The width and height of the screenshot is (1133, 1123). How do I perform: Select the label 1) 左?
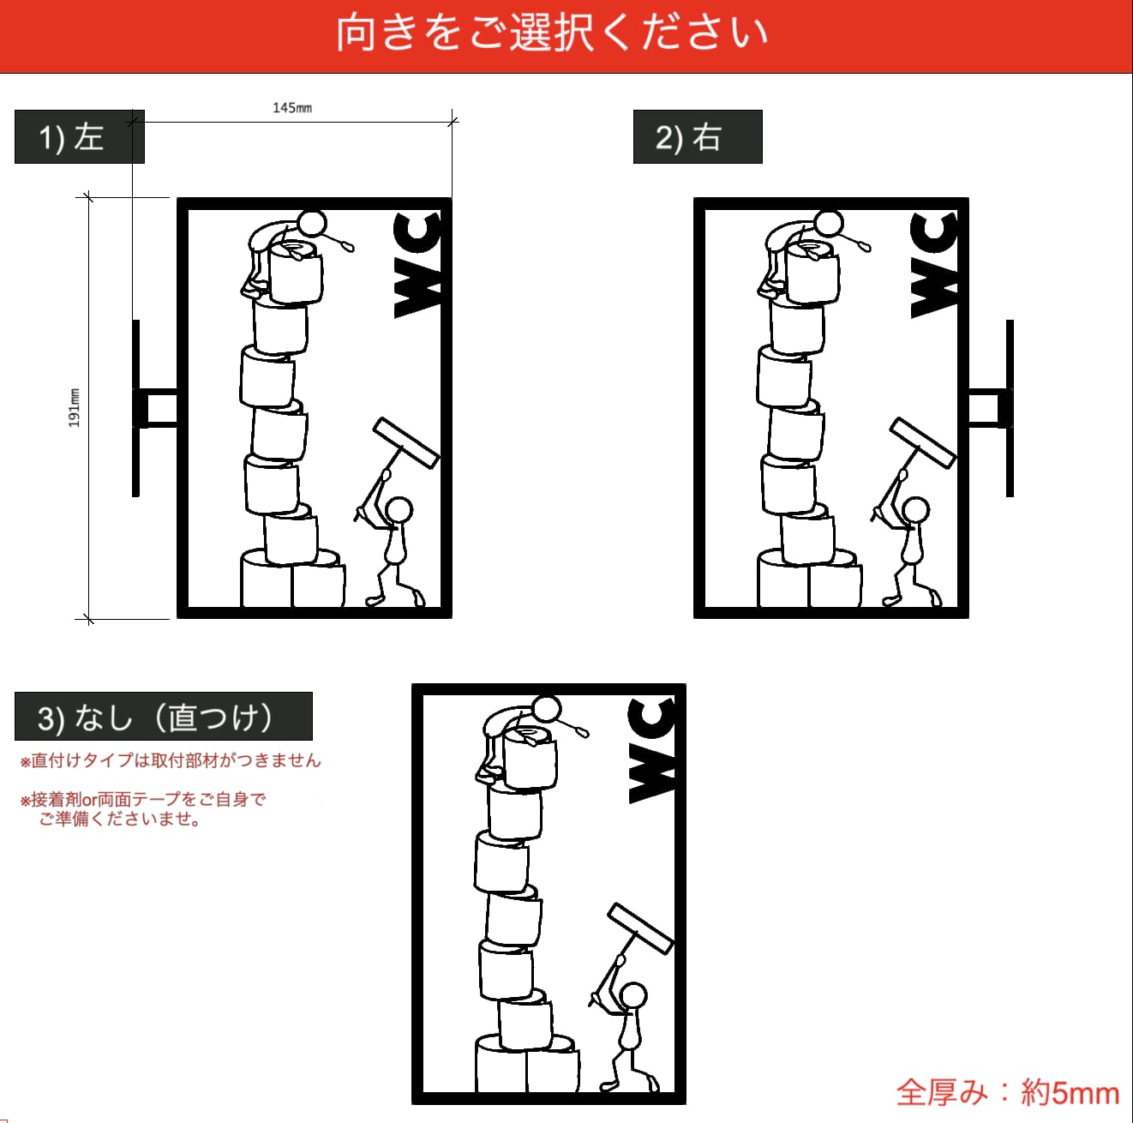pyautogui.click(x=72, y=138)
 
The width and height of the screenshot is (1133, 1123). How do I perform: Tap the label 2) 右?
pyautogui.click(x=688, y=138)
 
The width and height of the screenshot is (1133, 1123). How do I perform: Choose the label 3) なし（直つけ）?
pyautogui.click(x=155, y=718)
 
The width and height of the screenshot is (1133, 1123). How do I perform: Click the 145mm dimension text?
pyautogui.click(x=292, y=108)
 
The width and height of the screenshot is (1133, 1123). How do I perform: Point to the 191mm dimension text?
pyautogui.click(x=74, y=408)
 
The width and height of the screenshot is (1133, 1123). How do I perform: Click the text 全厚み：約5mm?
pyautogui.click(x=1007, y=1093)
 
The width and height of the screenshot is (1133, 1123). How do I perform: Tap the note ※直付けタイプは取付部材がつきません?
pyautogui.click(x=171, y=760)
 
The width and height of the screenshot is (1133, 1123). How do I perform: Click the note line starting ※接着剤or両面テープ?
pyautogui.click(x=143, y=799)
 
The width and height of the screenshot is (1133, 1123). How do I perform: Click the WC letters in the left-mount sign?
pyautogui.click(x=417, y=265)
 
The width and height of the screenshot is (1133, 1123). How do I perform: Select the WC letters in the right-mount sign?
pyautogui.click(x=933, y=265)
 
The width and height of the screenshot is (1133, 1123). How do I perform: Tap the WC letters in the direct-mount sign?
pyautogui.click(x=652, y=751)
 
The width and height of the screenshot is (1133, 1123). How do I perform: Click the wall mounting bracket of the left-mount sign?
pyautogui.click(x=154, y=408)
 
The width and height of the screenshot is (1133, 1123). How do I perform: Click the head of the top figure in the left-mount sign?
pyautogui.click(x=312, y=224)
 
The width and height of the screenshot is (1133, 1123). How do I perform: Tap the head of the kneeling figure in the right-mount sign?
pyautogui.click(x=915, y=511)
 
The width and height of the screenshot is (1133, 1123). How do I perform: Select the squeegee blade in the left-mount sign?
pyautogui.click(x=406, y=443)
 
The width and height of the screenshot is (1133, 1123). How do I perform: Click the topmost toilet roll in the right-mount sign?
pyautogui.click(x=812, y=272)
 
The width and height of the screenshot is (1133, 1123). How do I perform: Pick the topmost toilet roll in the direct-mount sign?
pyautogui.click(x=530, y=757)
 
